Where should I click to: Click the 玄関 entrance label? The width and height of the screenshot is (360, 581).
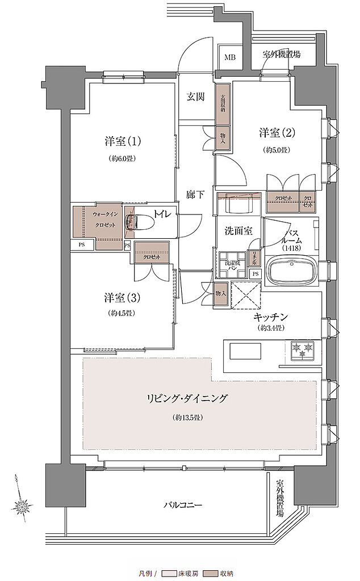tap(196, 96)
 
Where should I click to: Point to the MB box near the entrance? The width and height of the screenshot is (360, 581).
tap(230, 57)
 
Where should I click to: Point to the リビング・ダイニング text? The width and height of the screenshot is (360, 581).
tap(186, 399)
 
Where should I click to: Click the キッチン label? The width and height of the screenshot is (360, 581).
tap(271, 318)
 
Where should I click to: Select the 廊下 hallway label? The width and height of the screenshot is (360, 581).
tap(195, 194)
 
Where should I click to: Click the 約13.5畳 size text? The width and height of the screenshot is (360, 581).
tap(186, 418)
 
